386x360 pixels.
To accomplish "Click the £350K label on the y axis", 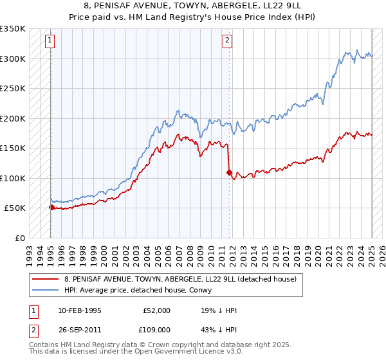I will point(13,29).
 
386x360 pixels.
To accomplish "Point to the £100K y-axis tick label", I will point(13,178).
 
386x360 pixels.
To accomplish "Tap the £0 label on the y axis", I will point(19,238).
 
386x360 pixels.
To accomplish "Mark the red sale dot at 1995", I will point(51,207).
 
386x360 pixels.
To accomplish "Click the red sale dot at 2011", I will point(229,172).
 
